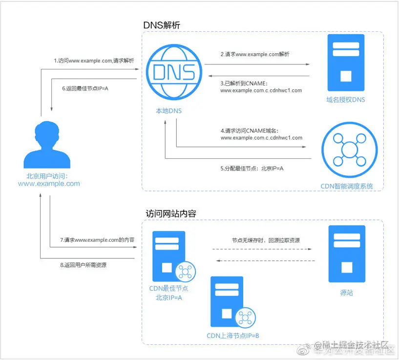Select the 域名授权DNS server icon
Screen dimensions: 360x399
[346, 62]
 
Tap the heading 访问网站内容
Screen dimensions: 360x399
[171, 213]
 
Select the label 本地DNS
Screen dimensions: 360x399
[168, 111]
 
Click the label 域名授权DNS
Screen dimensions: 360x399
[346, 100]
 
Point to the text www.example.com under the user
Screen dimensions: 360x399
[49, 184]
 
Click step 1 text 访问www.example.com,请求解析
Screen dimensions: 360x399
[94, 61]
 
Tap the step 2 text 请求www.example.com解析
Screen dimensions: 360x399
[254, 54]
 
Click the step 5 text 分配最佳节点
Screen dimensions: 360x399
[252, 168]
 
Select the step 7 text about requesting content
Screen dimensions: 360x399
[97, 240]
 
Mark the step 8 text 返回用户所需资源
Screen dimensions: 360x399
[83, 265]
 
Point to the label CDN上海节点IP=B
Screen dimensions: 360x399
[232, 336]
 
